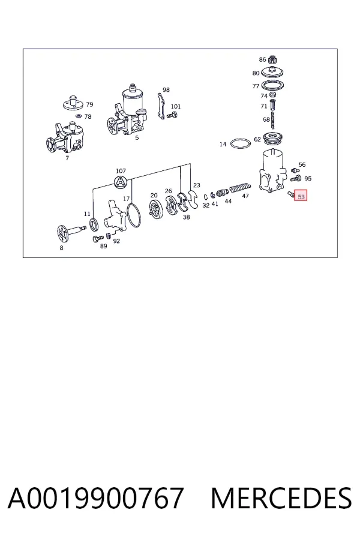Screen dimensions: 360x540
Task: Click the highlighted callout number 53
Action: (301, 197)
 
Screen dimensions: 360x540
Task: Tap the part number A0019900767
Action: (95, 498)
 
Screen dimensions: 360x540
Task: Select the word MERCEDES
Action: (281, 498)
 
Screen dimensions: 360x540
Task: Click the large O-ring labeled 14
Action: (240, 143)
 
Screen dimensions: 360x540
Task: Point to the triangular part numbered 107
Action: (121, 182)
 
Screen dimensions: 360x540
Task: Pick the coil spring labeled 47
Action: (240, 188)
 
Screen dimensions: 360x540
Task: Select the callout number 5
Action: (137, 138)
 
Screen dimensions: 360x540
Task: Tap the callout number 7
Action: (67, 158)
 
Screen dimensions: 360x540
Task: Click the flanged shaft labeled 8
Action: (71, 232)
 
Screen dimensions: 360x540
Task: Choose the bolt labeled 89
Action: (98, 238)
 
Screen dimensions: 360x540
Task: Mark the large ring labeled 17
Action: (133, 215)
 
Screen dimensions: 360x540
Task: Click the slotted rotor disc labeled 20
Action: (155, 209)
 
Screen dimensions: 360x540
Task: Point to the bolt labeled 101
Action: (172, 115)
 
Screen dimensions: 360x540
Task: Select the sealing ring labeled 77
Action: (273, 85)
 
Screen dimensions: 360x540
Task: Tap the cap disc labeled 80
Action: (272, 73)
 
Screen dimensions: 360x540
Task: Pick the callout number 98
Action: (166, 89)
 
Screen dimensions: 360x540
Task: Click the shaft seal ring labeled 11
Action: (94, 224)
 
